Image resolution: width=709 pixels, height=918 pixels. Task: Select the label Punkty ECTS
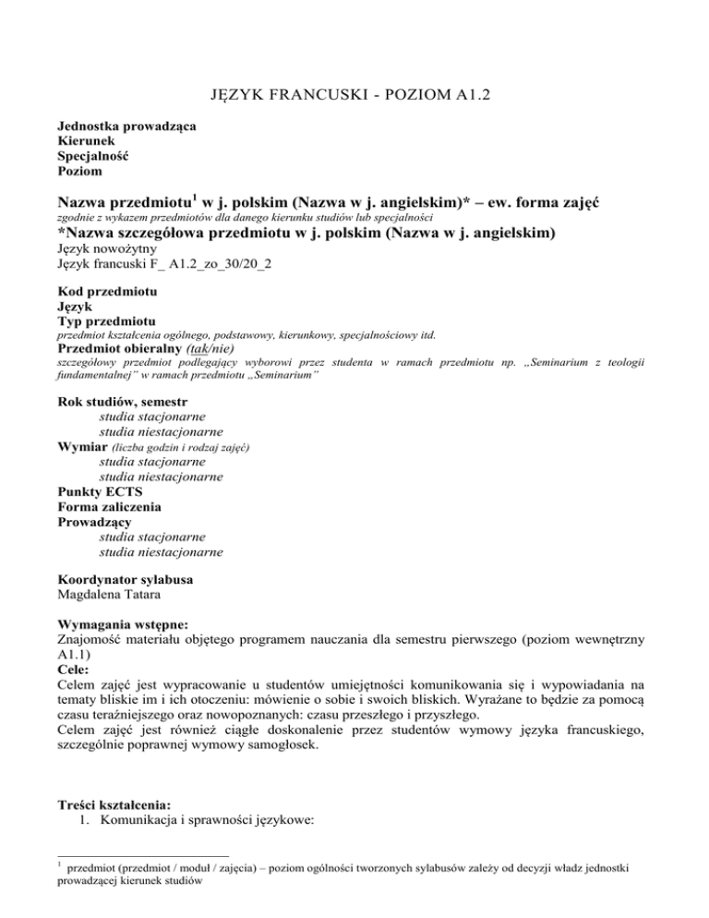[x=99, y=491]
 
